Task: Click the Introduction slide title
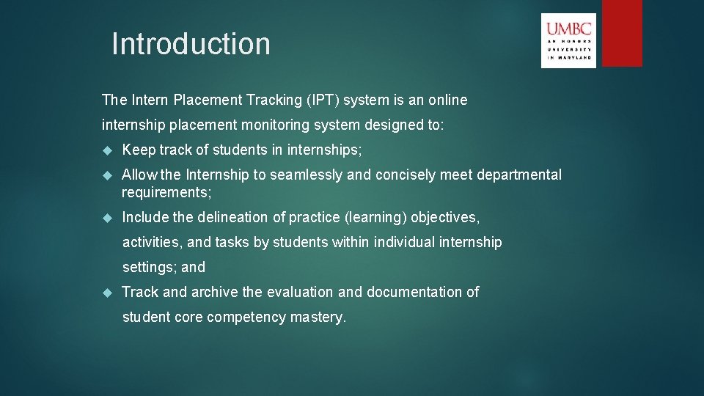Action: pyautogui.click(x=191, y=44)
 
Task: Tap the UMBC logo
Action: pyautogui.click(x=568, y=40)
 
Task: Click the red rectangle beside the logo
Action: pyautogui.click(x=622, y=33)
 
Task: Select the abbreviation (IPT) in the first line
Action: pyautogui.click(x=320, y=100)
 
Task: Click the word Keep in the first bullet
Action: pyautogui.click(x=139, y=150)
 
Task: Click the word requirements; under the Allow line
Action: pyautogui.click(x=166, y=192)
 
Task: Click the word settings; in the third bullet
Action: pyautogui.click(x=149, y=267)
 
